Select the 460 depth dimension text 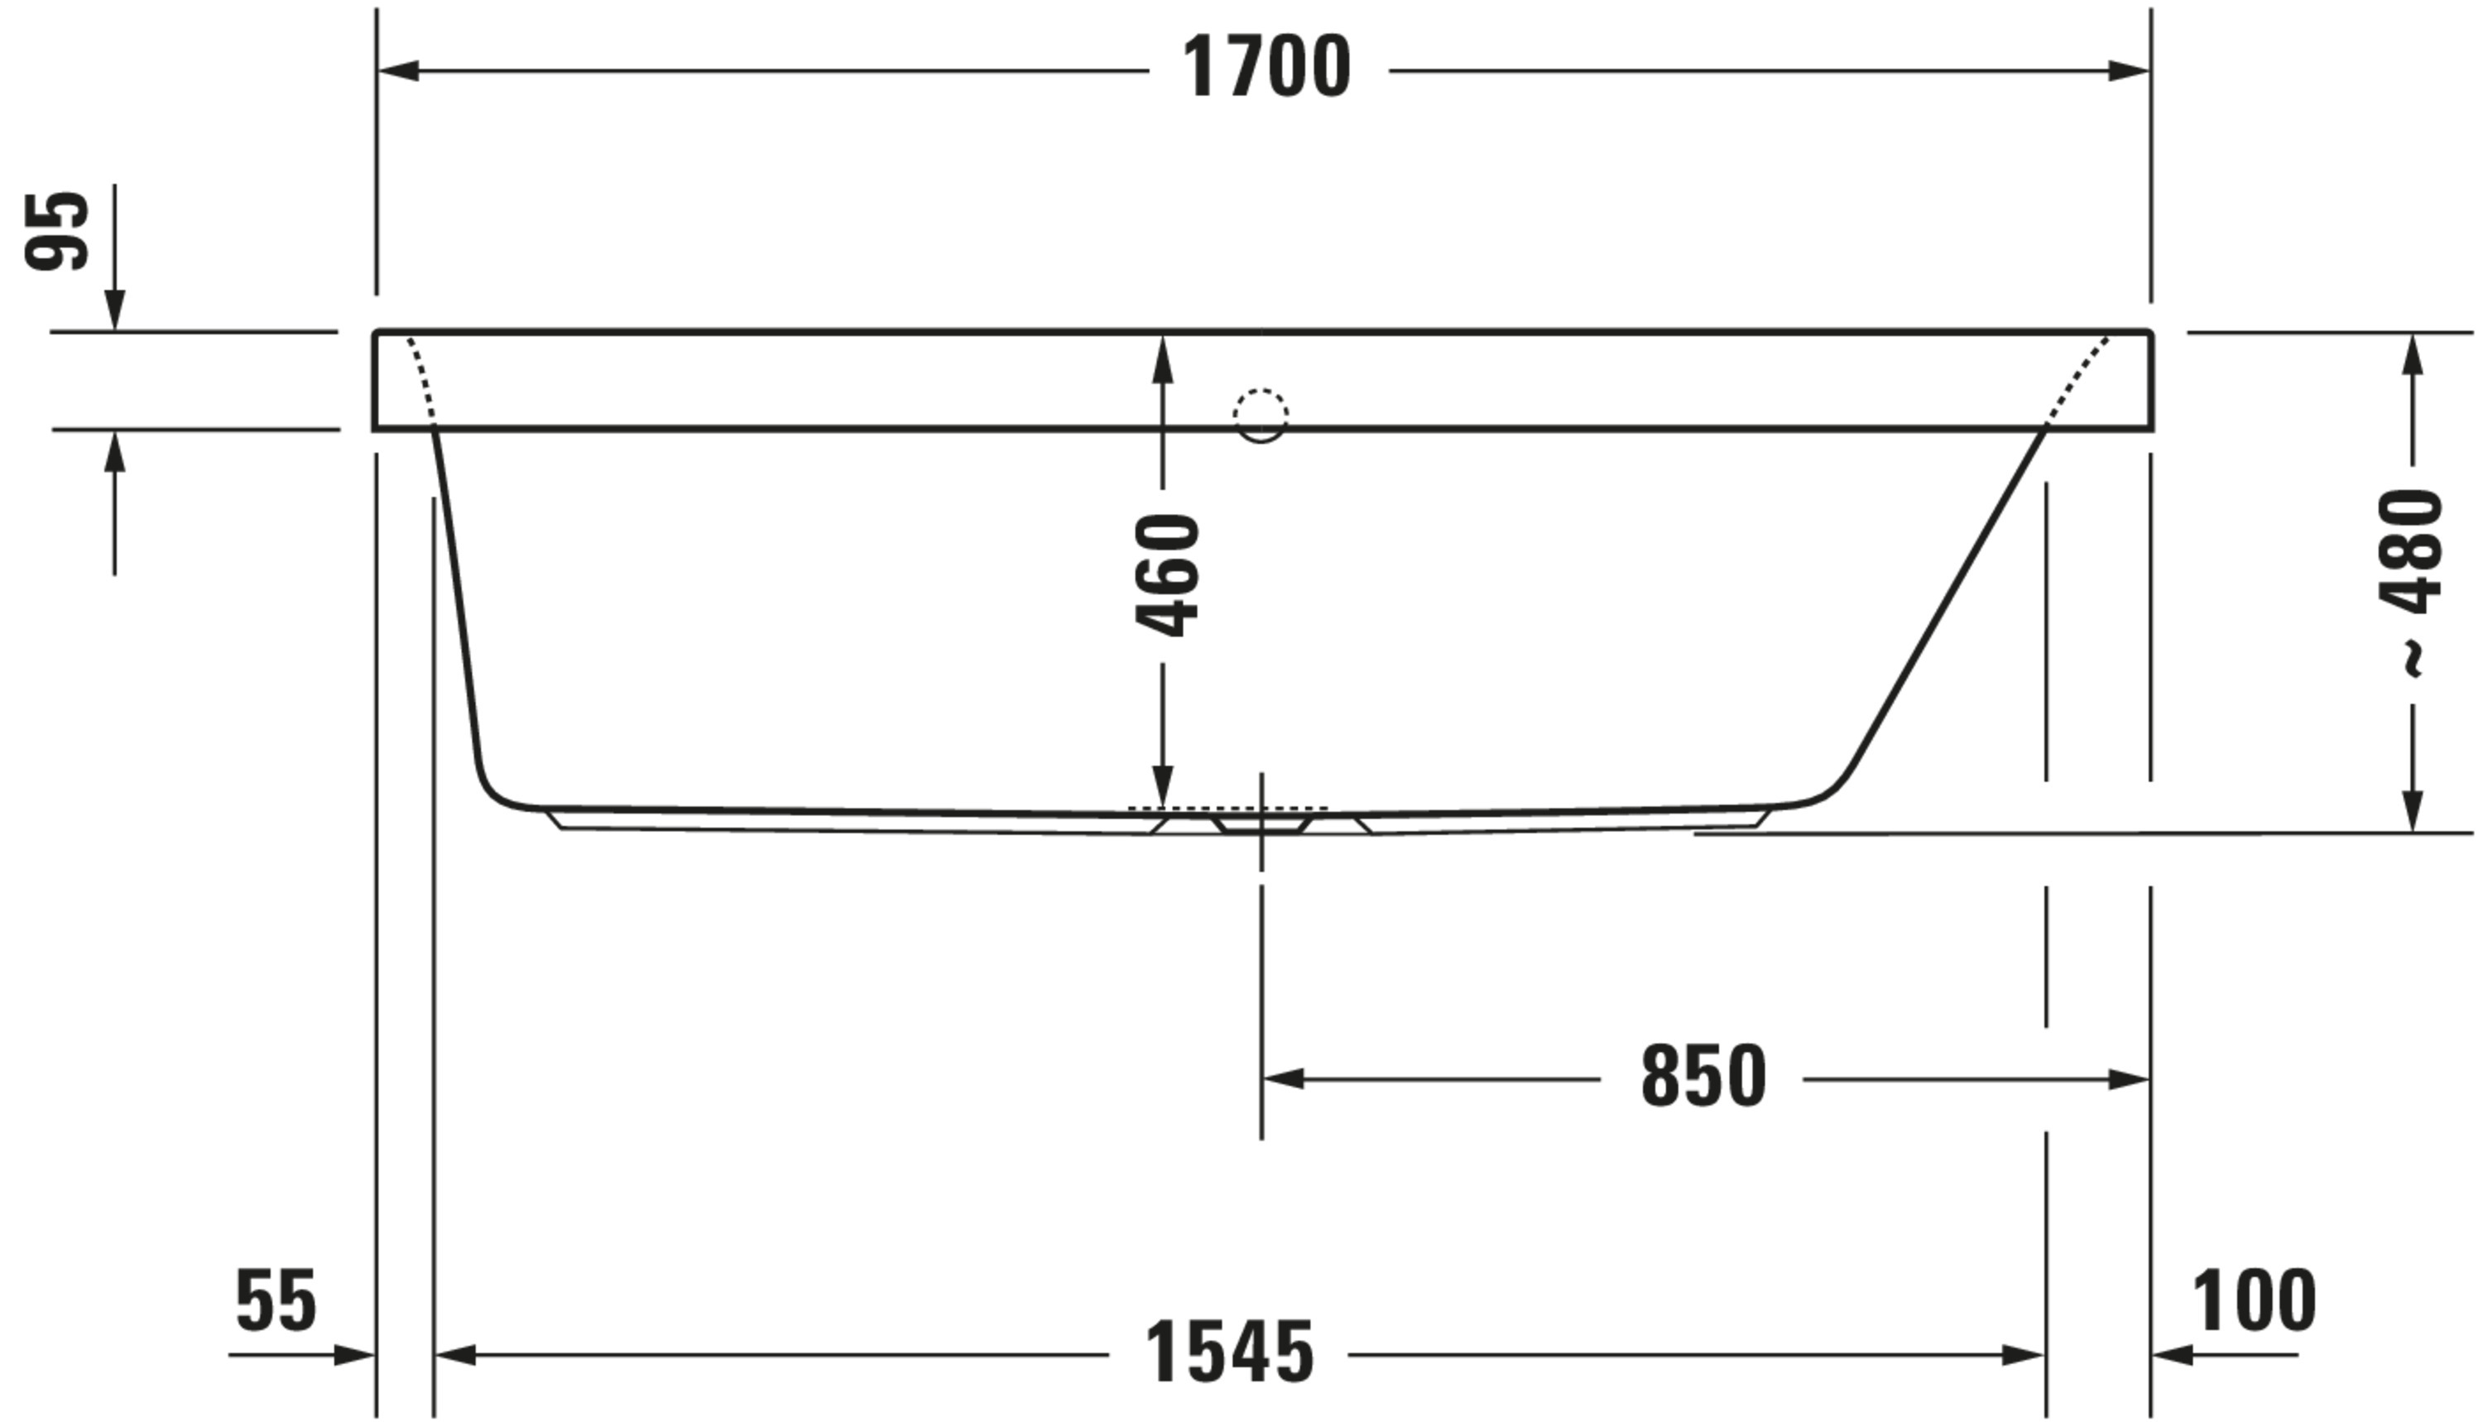click(1168, 576)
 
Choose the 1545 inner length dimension click(1228, 1353)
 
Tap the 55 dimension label click(276, 1302)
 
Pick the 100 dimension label click(2254, 1302)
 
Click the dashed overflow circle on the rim click(1261, 414)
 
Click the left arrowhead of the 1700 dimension click(398, 70)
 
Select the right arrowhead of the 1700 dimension click(2129, 70)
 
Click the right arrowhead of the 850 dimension click(2129, 1080)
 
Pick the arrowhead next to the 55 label click(353, 1356)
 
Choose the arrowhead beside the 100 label click(2173, 1356)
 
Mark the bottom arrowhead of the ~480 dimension click(2413, 810)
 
